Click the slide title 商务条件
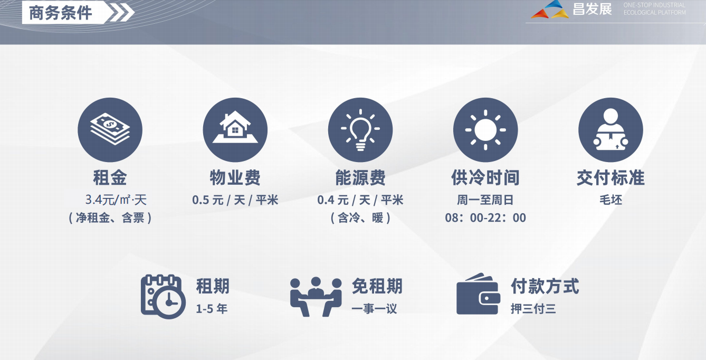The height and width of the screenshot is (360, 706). point(61,13)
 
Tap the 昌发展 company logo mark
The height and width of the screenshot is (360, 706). point(550,10)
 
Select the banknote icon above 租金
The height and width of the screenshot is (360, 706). point(110,130)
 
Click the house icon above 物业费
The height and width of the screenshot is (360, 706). point(235,130)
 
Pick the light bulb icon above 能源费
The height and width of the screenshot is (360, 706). point(360,130)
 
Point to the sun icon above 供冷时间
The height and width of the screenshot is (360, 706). point(485,130)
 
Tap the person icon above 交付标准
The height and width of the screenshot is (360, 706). point(610,130)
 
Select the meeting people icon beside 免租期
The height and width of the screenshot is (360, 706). point(316,297)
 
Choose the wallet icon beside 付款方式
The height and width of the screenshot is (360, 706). point(478,295)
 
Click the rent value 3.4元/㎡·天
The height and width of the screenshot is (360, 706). point(116,200)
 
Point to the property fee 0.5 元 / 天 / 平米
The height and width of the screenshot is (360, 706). point(235,200)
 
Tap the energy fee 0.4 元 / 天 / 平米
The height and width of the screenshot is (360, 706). point(360,200)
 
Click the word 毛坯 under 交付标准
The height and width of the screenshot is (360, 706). point(610,200)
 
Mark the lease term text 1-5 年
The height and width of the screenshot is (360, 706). point(212,309)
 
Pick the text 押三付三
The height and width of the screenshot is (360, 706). point(533,309)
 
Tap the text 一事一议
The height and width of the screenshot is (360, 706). point(374,309)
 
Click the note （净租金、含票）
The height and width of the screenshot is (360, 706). point(110,218)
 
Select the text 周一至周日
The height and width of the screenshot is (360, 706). point(485,200)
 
